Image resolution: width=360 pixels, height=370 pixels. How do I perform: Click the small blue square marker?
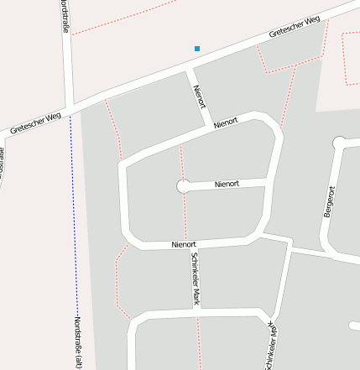tap(197, 49)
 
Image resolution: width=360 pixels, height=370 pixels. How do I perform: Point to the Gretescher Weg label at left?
tap(36, 123)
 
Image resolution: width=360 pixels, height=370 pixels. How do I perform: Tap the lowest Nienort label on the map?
tap(183, 244)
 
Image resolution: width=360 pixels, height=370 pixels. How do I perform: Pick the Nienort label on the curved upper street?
tap(226, 122)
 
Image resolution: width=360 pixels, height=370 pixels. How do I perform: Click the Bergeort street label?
tap(328, 202)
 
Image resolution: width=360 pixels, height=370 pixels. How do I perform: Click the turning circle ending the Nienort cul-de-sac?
tap(183, 186)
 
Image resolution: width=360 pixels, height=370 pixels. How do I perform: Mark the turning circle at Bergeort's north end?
tap(339, 143)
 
